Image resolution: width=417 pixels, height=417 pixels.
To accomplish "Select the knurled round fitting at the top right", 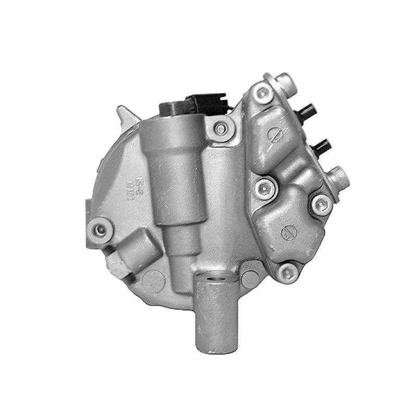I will coord(286,81).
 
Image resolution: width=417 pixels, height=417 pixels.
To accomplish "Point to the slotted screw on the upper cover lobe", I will coord(275,134).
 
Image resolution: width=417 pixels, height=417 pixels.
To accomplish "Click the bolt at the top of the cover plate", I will coord(261,94).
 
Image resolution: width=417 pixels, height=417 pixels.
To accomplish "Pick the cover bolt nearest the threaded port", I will coord(320,204).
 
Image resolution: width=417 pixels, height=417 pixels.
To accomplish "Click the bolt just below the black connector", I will coord(221,128).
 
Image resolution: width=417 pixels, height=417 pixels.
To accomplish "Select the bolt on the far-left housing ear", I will coord(99,228).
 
